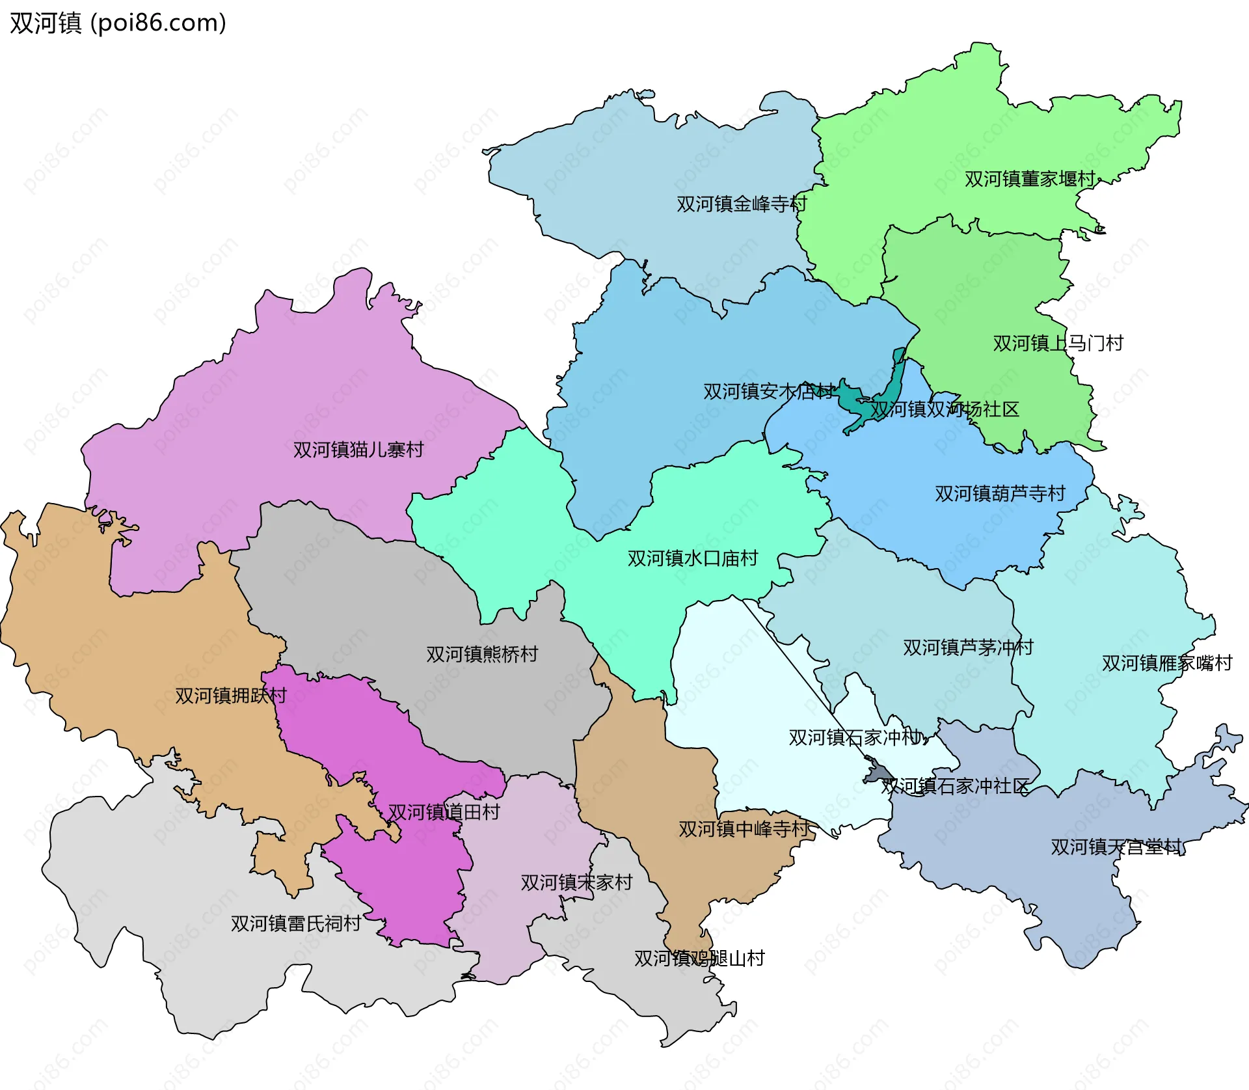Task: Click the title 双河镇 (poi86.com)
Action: point(118,23)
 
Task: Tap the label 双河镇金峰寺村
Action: point(741,204)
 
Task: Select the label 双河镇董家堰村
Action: point(1029,179)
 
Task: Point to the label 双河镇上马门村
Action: point(1058,344)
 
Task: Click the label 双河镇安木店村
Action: point(768,392)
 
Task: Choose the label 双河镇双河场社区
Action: point(945,409)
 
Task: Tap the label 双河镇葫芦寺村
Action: point(1000,494)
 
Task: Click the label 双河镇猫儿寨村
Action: point(358,450)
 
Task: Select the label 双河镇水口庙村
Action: point(692,558)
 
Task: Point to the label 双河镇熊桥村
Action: point(482,654)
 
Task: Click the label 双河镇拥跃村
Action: point(230,696)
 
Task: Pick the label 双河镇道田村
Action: point(444,812)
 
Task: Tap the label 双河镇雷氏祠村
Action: point(295,923)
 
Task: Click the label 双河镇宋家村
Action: point(576,882)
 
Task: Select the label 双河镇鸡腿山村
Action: point(699,959)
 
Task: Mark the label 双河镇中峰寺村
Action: point(744,829)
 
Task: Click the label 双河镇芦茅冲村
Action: point(968,647)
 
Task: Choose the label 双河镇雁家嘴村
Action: point(1167,663)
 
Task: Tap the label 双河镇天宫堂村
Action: point(1116,847)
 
